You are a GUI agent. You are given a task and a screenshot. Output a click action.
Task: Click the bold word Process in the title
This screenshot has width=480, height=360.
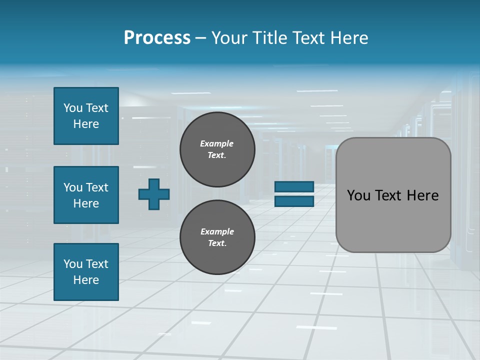[157, 38]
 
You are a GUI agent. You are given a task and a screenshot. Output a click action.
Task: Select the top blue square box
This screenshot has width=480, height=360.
[86, 116]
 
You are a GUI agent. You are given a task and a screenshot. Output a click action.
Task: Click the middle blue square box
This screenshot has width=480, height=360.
[86, 195]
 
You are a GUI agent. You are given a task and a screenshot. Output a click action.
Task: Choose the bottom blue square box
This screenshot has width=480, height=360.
[86, 272]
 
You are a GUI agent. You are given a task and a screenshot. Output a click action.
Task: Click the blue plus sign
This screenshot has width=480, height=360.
[154, 194]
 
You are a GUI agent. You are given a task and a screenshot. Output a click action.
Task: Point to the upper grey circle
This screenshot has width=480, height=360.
[217, 149]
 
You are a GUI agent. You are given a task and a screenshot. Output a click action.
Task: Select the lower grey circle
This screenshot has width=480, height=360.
[217, 237]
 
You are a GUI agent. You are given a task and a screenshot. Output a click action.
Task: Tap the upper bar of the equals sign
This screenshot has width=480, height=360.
[294, 187]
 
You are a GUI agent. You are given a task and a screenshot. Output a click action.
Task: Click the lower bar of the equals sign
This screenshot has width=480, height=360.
[294, 201]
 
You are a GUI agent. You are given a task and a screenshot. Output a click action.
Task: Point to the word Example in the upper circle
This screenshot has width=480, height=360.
[216, 143]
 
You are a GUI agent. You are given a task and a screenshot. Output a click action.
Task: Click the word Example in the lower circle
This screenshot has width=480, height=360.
[217, 231]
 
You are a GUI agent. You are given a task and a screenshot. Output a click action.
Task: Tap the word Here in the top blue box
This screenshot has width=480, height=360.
[86, 124]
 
